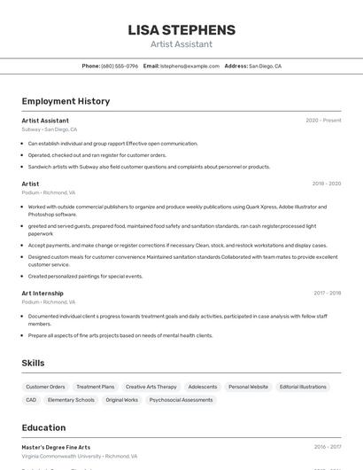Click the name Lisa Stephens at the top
tap(181, 30)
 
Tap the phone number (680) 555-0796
tap(120, 66)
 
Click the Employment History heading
tap(66, 101)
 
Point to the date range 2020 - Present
tap(323, 121)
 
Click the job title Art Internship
tap(42, 293)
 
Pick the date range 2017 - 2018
tap(327, 293)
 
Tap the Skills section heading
tap(33, 363)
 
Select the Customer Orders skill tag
tap(45, 387)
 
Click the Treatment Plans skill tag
tap(96, 387)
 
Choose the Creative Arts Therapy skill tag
tap(151, 387)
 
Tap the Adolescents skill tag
tap(203, 387)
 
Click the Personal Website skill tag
tap(248, 387)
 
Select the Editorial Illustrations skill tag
tap(303, 387)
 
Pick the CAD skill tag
tap(31, 400)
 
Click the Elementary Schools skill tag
tap(71, 400)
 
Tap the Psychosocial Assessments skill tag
tap(181, 400)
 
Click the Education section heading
tap(43, 427)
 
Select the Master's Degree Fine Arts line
tap(56, 447)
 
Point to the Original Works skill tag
tap(122, 400)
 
